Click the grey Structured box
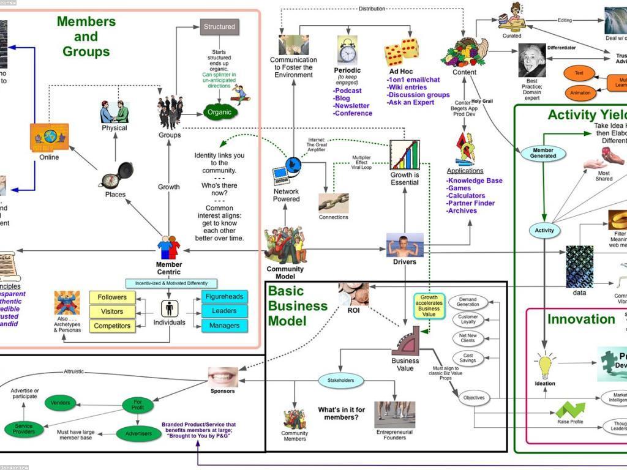pyautogui.click(x=219, y=27)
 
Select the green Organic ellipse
pyautogui.click(x=219, y=113)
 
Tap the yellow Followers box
pyautogui.click(x=112, y=297)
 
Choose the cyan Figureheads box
pyautogui.click(x=224, y=297)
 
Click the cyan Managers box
pyautogui.click(x=224, y=326)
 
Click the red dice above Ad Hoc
pyautogui.click(x=402, y=52)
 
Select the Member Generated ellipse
pyautogui.click(x=543, y=153)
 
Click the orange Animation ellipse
pyautogui.click(x=580, y=93)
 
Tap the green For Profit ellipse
pyautogui.click(x=138, y=404)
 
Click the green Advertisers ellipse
pyautogui.click(x=138, y=433)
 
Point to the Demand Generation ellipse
pyautogui.click(x=468, y=302)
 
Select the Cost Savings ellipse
pyautogui.click(x=468, y=359)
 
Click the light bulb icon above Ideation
pyautogui.click(x=545, y=366)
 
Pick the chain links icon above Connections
pyautogui.click(x=334, y=203)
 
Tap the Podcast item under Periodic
pyautogui.click(x=348, y=91)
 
